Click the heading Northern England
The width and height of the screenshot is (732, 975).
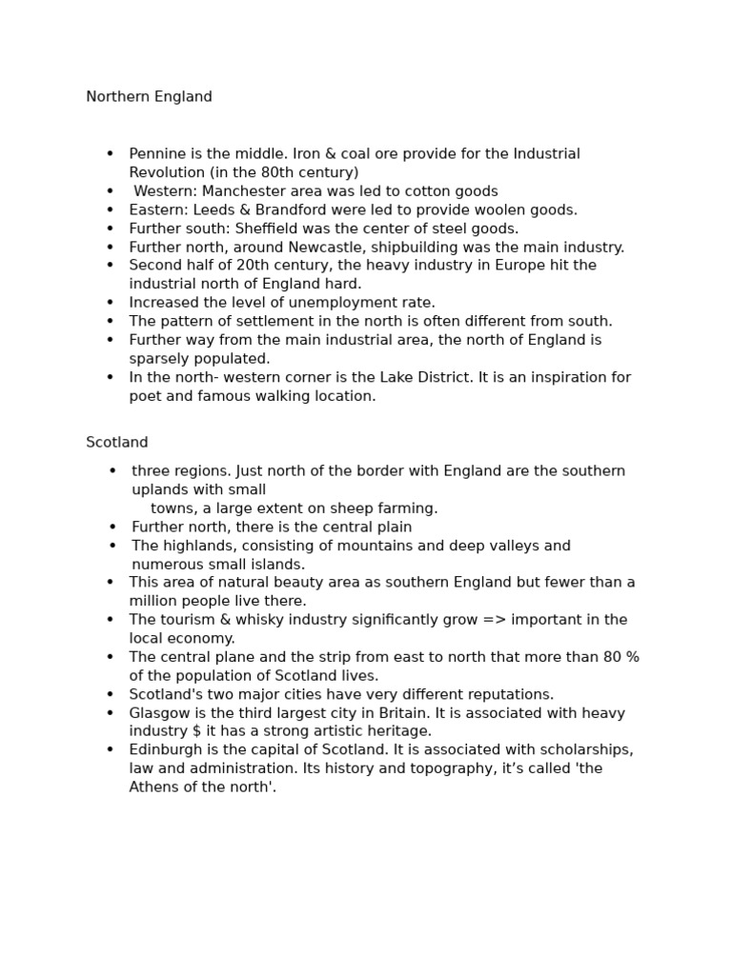click(x=149, y=97)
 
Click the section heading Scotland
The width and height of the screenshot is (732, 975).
click(x=117, y=443)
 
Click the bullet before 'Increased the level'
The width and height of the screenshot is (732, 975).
click(x=111, y=303)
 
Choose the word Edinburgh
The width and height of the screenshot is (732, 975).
click(x=165, y=750)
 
